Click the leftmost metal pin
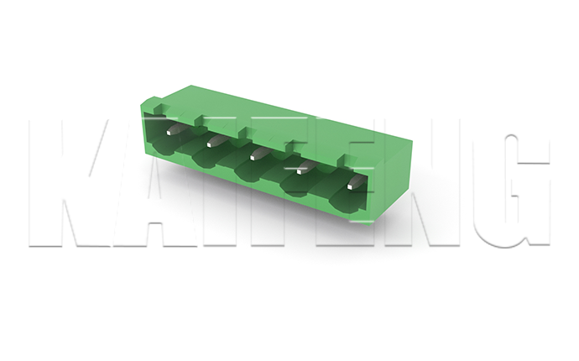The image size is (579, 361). pos(175,129)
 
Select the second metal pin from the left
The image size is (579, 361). pos(216,141)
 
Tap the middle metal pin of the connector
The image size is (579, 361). pos(258,154)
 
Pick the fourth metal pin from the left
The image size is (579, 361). pos(305,167)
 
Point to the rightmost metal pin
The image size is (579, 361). pos(356,182)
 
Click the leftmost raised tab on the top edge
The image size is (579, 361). pos(162,108)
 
